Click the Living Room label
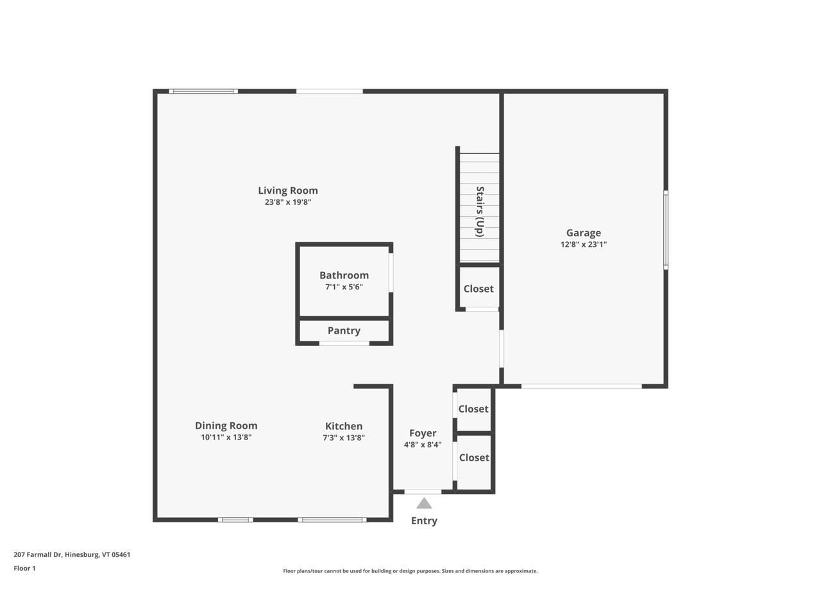tap(287, 191)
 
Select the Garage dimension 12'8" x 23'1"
tap(583, 244)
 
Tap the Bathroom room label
tap(344, 275)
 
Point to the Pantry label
tap(344, 330)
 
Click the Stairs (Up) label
tap(479, 211)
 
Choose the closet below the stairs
tap(478, 289)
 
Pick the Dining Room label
tap(226, 425)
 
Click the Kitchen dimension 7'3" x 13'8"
tap(344, 438)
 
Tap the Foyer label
tap(423, 433)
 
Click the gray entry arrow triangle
tap(424, 504)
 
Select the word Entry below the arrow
tap(424, 520)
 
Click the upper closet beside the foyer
tap(473, 409)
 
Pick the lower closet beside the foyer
tap(474, 458)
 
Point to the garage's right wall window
tap(666, 229)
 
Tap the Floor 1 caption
tap(24, 568)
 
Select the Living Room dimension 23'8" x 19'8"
tap(287, 202)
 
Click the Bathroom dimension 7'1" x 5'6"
tap(344, 287)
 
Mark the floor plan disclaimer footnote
tap(410, 570)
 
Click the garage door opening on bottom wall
tap(581, 386)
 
